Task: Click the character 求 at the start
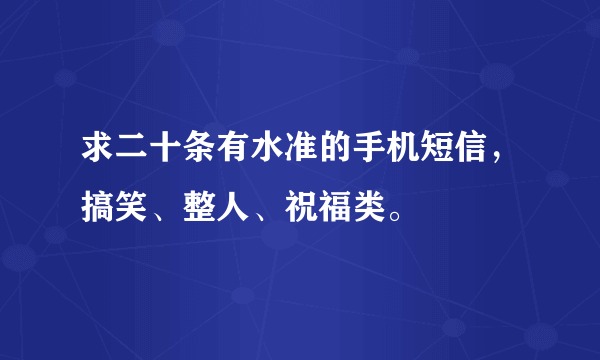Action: [x=100, y=155]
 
